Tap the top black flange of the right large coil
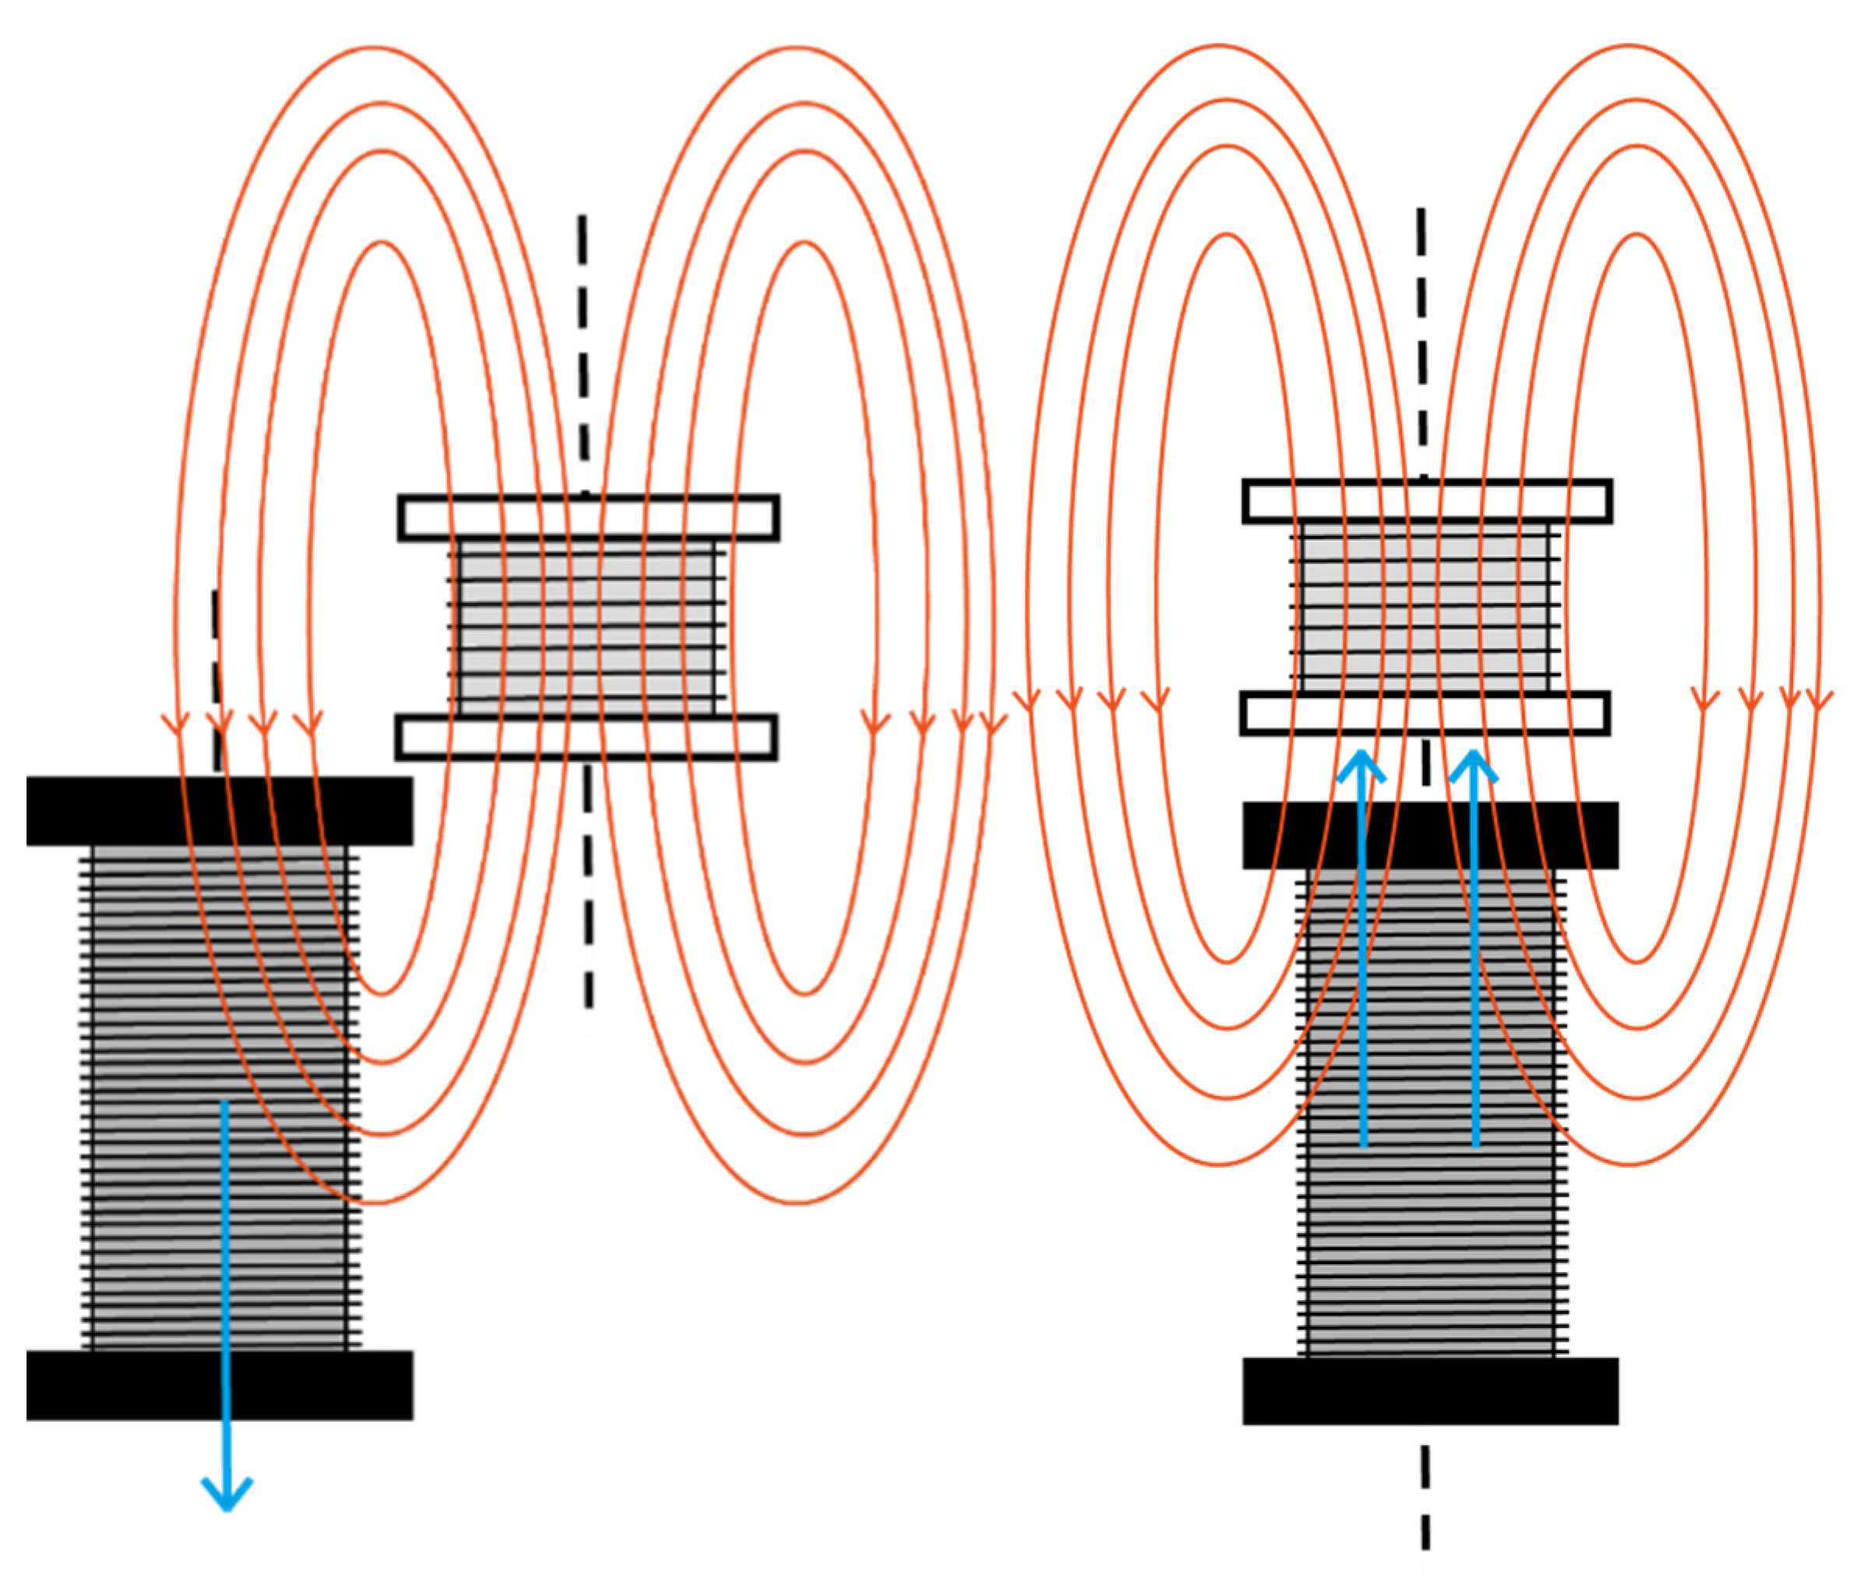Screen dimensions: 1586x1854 pyautogui.click(x=1297, y=835)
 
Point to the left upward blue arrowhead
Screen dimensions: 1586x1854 pyautogui.click(x=1361, y=761)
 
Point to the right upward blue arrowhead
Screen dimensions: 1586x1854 pyautogui.click(x=1472, y=761)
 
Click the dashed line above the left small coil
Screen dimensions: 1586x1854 pyautogui.click(x=583, y=358)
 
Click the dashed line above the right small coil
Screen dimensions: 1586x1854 pyautogui.click(x=1423, y=340)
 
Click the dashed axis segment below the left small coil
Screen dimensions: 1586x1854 pyautogui.click(x=588, y=886)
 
